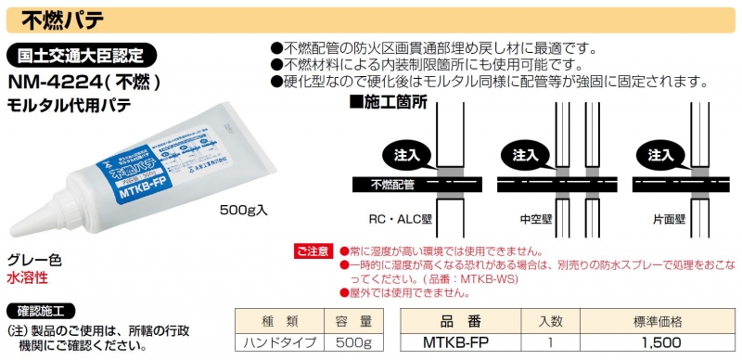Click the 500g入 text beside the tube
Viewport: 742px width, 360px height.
243,210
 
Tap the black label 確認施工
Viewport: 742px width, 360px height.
41,310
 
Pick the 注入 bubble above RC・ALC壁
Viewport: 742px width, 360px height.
404,153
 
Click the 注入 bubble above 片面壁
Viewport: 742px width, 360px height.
659,153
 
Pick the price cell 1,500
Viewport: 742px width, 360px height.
658,343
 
